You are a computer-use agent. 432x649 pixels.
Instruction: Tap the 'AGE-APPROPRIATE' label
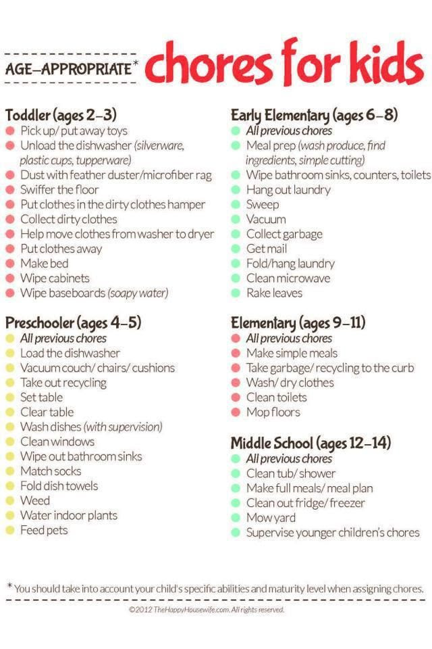coord(68,68)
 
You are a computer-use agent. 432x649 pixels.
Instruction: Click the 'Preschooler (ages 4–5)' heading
coord(73,322)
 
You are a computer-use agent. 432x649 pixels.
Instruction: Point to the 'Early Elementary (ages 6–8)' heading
coord(314,114)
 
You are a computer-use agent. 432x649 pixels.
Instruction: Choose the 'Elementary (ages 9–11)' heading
coord(298,322)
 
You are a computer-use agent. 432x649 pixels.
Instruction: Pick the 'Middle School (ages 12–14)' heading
coord(311,443)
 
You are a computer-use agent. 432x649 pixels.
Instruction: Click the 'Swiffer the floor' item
coord(59,190)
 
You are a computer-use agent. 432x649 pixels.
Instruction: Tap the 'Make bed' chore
coord(45,264)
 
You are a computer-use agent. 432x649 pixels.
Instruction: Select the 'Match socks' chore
coord(51,471)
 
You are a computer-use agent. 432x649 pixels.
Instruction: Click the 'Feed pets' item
coord(44,530)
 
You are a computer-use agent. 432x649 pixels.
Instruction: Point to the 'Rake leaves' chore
coord(274,293)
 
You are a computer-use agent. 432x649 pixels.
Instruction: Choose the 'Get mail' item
coord(267,249)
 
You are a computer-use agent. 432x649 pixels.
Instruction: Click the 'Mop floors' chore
coord(273,412)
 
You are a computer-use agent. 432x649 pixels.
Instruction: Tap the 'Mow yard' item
coord(271,518)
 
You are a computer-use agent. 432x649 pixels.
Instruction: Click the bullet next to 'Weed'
coord(10,501)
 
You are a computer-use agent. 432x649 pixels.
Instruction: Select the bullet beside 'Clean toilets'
coord(236,398)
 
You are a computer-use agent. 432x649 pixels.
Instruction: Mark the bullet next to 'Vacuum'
coord(236,220)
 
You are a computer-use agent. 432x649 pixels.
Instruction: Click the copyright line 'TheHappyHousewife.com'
coord(207,610)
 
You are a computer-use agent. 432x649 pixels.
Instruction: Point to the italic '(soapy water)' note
coord(138,293)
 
